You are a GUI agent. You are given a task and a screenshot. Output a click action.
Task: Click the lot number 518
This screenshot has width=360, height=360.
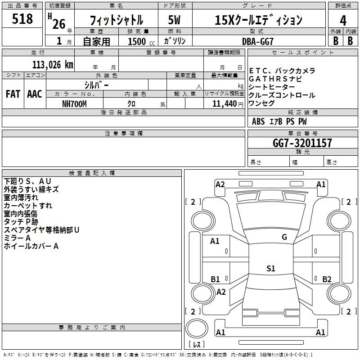pos(22,18)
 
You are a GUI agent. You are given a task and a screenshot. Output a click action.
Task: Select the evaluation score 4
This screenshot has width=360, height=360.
pos(343,21)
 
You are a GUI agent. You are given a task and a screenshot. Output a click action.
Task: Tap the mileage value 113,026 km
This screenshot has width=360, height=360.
pos(53,65)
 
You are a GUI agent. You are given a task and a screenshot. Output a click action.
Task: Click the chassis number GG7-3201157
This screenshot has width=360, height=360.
pos(302,143)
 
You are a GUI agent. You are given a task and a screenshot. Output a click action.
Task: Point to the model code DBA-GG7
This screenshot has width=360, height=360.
pos(258,41)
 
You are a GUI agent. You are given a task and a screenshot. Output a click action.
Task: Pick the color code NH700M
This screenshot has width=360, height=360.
pos(74,104)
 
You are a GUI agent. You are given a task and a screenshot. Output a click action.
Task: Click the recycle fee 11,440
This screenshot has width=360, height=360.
pos(225,104)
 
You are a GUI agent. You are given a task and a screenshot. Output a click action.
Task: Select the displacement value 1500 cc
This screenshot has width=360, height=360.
pos(141,42)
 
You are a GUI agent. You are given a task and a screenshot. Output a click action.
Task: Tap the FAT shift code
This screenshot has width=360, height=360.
pos(13,94)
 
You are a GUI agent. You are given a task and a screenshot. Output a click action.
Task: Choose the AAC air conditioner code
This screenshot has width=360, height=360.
pos(35,94)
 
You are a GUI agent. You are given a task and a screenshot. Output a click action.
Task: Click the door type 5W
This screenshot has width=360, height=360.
pos(174,20)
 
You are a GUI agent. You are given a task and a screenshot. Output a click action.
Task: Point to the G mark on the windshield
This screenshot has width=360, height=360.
pos(284,237)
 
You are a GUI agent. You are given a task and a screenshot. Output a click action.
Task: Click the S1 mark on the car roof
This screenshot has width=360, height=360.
pos(271,268)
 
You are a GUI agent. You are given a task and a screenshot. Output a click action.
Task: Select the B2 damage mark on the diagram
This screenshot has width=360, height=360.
pos(327,279)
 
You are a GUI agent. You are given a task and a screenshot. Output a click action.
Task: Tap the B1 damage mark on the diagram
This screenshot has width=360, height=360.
pos(215,279)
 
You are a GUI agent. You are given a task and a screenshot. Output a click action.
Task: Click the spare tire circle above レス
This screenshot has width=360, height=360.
pos(197,328)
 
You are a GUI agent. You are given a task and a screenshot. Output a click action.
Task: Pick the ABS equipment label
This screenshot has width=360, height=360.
pos(258,121)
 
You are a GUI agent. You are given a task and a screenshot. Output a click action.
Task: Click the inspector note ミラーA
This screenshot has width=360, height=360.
pos(17,238)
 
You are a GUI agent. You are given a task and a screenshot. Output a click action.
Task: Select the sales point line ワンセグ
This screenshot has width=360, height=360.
pos(261,103)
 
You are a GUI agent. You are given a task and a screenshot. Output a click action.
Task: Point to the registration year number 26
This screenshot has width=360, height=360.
pos(59,24)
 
